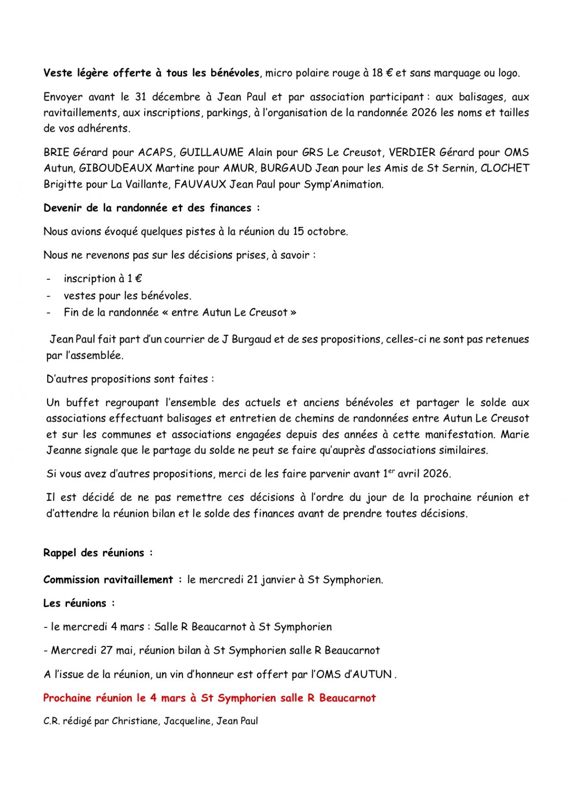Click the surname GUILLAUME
(x=212, y=153)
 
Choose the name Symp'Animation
(x=344, y=184)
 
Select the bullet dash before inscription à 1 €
(x=49, y=279)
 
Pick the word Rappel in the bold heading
(x=60, y=553)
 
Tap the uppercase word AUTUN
(x=372, y=675)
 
